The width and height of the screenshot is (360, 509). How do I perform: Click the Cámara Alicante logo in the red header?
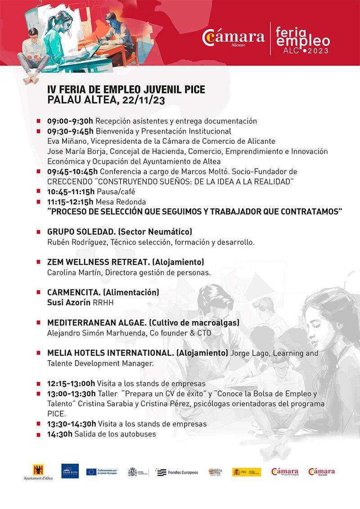(233, 38)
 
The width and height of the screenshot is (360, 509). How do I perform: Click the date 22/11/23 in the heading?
(143, 100)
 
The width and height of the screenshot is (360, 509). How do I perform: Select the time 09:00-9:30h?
(70, 121)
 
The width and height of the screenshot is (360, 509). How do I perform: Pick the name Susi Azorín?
(69, 303)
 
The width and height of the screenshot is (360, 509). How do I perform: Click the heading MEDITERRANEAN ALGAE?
(97, 323)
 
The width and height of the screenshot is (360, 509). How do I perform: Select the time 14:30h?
(59, 434)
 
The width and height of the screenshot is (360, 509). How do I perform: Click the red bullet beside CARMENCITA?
(40, 293)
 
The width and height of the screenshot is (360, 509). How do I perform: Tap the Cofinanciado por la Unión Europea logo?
(102, 472)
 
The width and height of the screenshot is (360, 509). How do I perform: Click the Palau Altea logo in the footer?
(70, 471)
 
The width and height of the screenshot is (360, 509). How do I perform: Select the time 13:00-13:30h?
(71, 394)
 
